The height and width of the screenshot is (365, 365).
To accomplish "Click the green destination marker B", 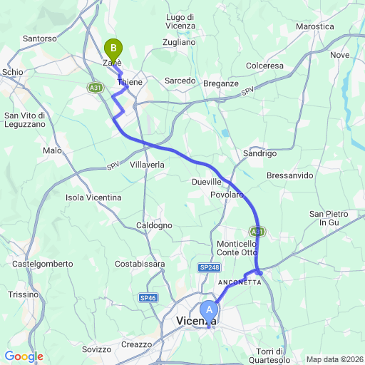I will coord(113,49).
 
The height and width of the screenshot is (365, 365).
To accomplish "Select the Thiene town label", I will coord(130,83).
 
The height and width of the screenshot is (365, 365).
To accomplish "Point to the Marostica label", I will coord(314,26).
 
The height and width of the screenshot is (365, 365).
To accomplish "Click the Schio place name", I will coord(13,72).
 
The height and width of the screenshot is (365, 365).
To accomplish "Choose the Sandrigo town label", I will coord(259,153).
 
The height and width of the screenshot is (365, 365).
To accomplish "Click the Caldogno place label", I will coord(154,225).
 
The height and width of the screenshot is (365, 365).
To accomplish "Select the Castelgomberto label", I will coord(43,264).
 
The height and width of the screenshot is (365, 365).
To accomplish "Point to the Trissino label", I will coord(23,294).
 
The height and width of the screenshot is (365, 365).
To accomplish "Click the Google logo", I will coord(24,356).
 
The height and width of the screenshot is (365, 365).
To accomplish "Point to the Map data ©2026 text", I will coord(334,359).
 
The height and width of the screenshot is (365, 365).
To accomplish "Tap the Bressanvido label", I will coord(289,175).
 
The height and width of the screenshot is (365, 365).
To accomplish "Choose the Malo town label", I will coord(52,150).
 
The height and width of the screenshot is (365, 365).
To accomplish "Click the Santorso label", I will coord(39,38).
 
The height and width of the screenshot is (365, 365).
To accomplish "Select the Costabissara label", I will coord(140,264).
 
